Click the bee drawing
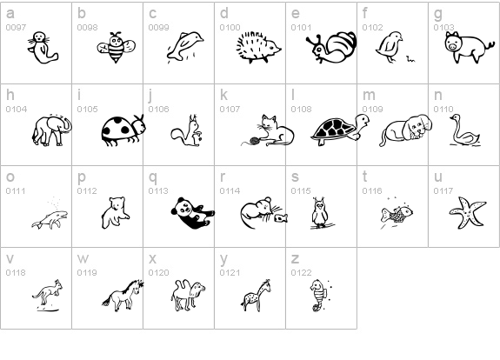pyautogui.click(x=116, y=47)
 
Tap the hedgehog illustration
pyautogui.click(x=258, y=47)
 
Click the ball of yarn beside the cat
pyautogui.click(x=255, y=141)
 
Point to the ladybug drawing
pyautogui.click(x=123, y=130)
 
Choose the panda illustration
pyautogui.click(x=192, y=213)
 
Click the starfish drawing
pyautogui.click(x=468, y=213)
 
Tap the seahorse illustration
pyautogui.click(x=319, y=296)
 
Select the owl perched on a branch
pyautogui.click(x=320, y=212)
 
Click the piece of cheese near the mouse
pyautogui.click(x=281, y=218)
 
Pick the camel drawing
pyautogui.click(x=188, y=296)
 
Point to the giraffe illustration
pyautogui.click(x=256, y=296)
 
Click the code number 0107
pyautogui.click(x=230, y=110)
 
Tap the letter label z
pyautogui.click(x=295, y=258)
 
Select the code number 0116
pyautogui.click(x=372, y=191)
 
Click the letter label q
pyautogui.click(x=153, y=177)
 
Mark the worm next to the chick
pyautogui.click(x=410, y=58)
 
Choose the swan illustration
pyautogui.click(x=464, y=130)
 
